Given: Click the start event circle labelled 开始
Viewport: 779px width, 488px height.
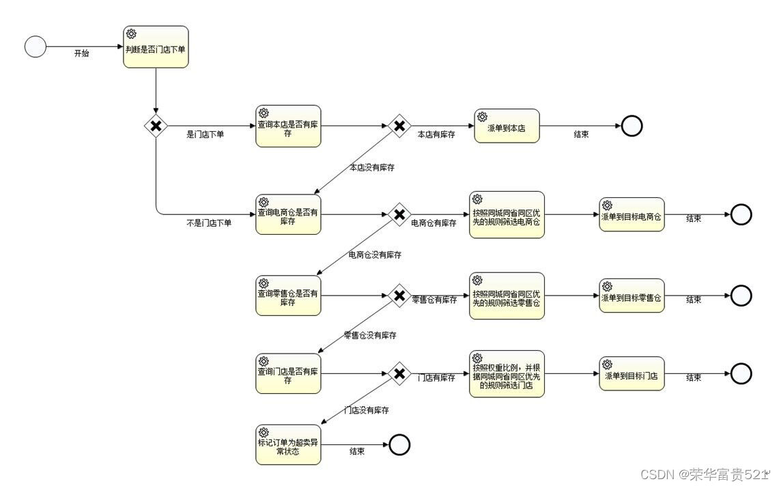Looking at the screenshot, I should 36,47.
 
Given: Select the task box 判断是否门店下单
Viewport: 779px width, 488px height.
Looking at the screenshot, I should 156,47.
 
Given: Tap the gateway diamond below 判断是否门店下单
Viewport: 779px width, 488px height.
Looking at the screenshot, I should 156,126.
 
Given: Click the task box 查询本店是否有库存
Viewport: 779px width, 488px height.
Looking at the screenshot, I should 288,126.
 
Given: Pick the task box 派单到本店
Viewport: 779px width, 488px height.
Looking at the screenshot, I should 507,126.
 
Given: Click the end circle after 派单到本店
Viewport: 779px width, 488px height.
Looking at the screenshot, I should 632,126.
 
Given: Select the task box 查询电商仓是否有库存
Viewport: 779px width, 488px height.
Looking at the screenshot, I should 288,214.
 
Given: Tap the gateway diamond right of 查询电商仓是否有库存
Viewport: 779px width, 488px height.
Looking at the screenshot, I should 399,214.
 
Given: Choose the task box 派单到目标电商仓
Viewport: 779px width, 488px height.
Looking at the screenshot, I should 632,214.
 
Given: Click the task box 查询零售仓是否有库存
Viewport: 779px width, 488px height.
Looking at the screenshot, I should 288,296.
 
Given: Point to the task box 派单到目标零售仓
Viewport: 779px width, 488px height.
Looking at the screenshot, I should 632,296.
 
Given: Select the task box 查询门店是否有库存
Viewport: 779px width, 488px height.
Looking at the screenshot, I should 288,373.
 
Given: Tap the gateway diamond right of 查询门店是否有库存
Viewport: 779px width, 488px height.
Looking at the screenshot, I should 399,373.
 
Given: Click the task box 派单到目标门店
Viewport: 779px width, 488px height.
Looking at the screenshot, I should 632,373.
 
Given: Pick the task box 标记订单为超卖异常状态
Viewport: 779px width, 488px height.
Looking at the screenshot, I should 288,445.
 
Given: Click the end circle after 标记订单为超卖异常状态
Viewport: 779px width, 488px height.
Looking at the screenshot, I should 399,445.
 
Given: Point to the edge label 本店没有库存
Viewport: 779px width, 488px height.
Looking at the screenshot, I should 372,167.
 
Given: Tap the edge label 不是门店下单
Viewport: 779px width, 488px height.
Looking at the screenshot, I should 209,223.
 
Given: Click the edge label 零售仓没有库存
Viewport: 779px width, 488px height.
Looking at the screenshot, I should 370,335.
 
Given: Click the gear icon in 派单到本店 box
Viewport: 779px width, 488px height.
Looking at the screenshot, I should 482,117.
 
